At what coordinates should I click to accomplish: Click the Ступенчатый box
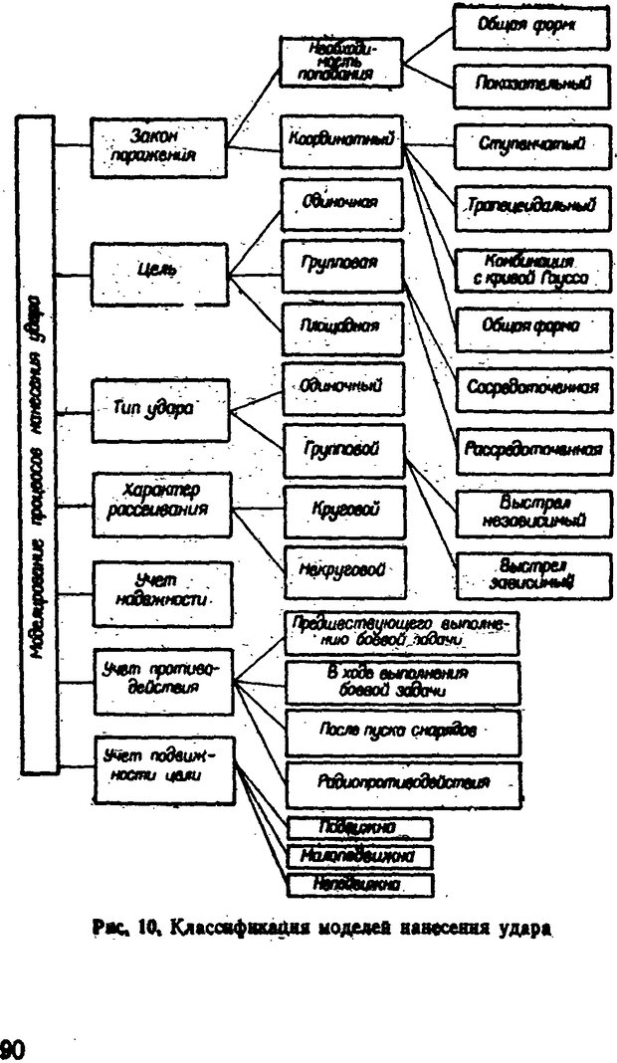pyautogui.click(x=530, y=145)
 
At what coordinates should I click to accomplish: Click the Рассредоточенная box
pyautogui.click(x=531, y=448)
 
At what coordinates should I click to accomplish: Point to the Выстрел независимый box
pyautogui.click(x=531, y=511)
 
